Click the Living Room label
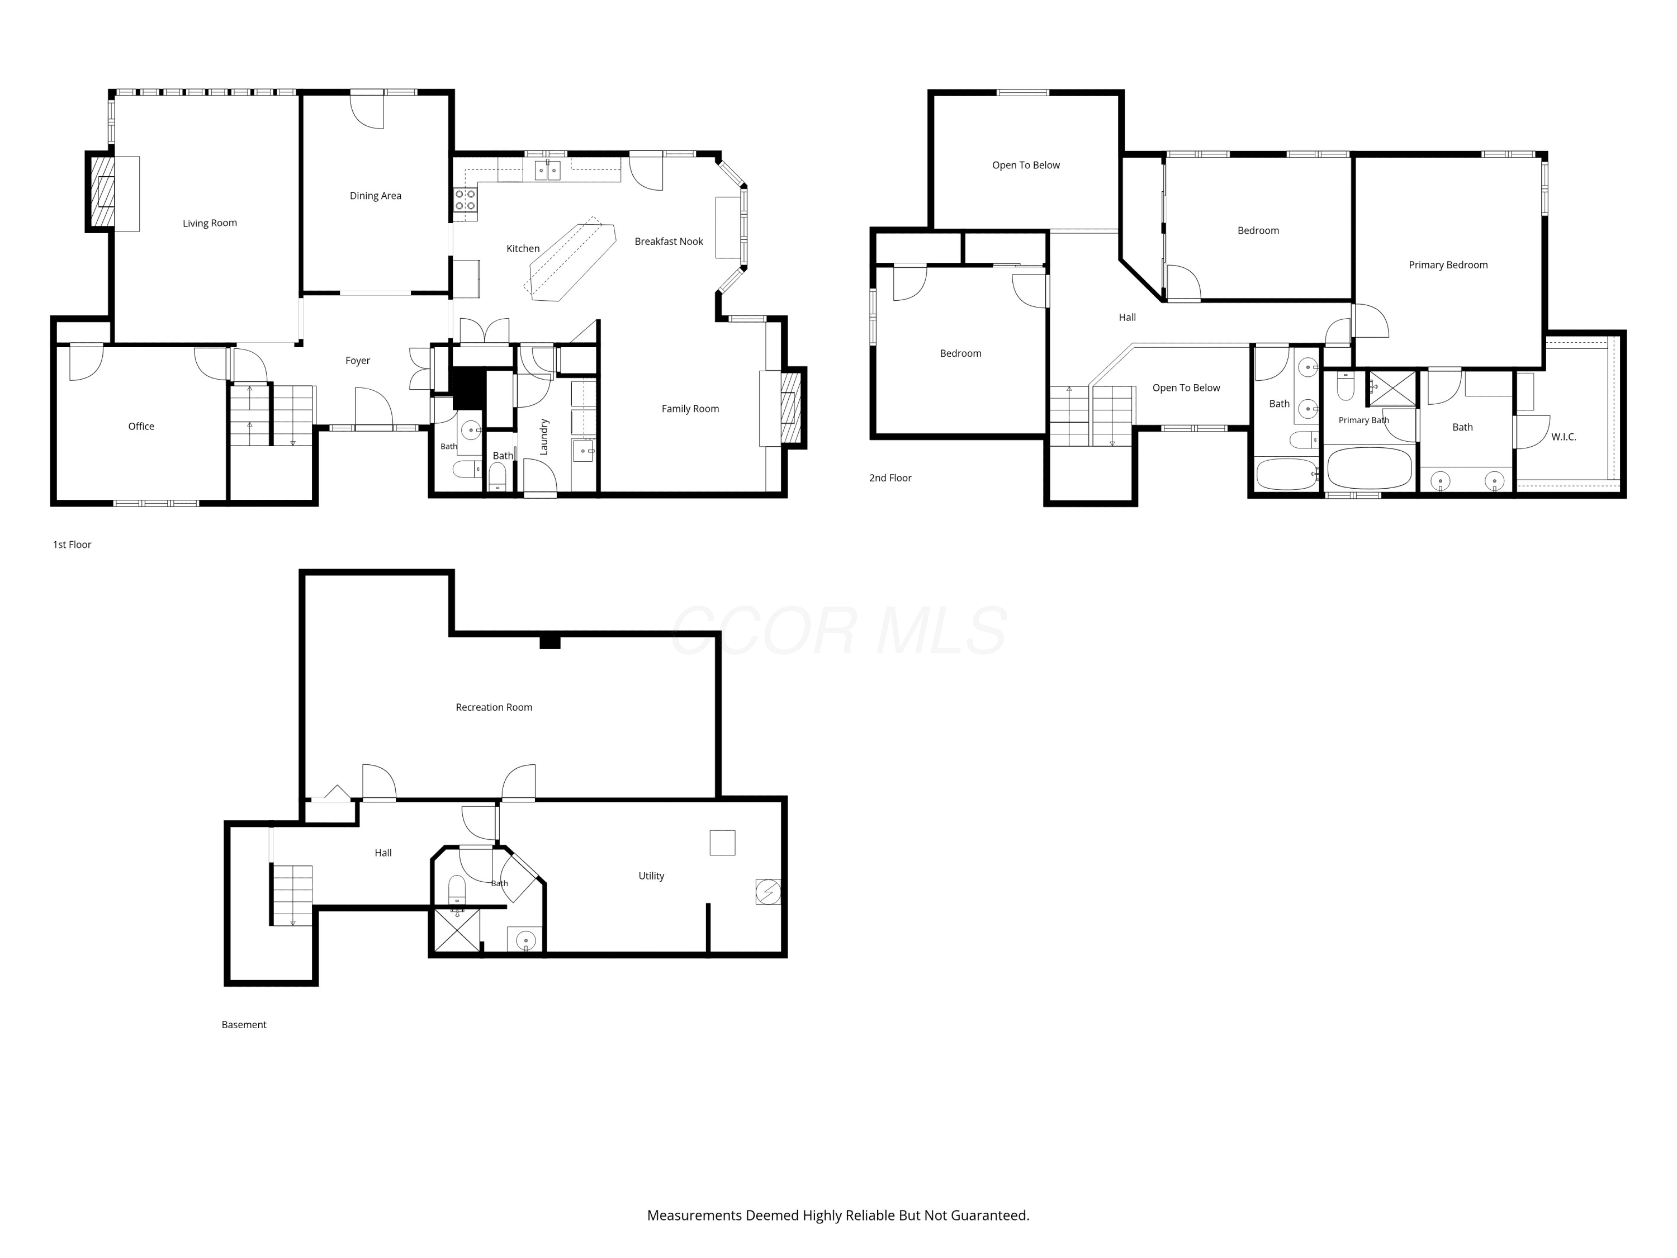[210, 223]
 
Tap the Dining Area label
[375, 196]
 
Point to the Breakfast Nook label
[669, 241]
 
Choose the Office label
[141, 426]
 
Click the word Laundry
[543, 437]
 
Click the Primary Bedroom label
[1448, 264]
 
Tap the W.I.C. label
[1564, 437]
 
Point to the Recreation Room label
[494, 707]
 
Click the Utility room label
[651, 876]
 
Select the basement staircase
[292, 895]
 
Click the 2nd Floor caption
[890, 477]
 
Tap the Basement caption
[243, 1024]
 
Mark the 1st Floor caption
[72, 545]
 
